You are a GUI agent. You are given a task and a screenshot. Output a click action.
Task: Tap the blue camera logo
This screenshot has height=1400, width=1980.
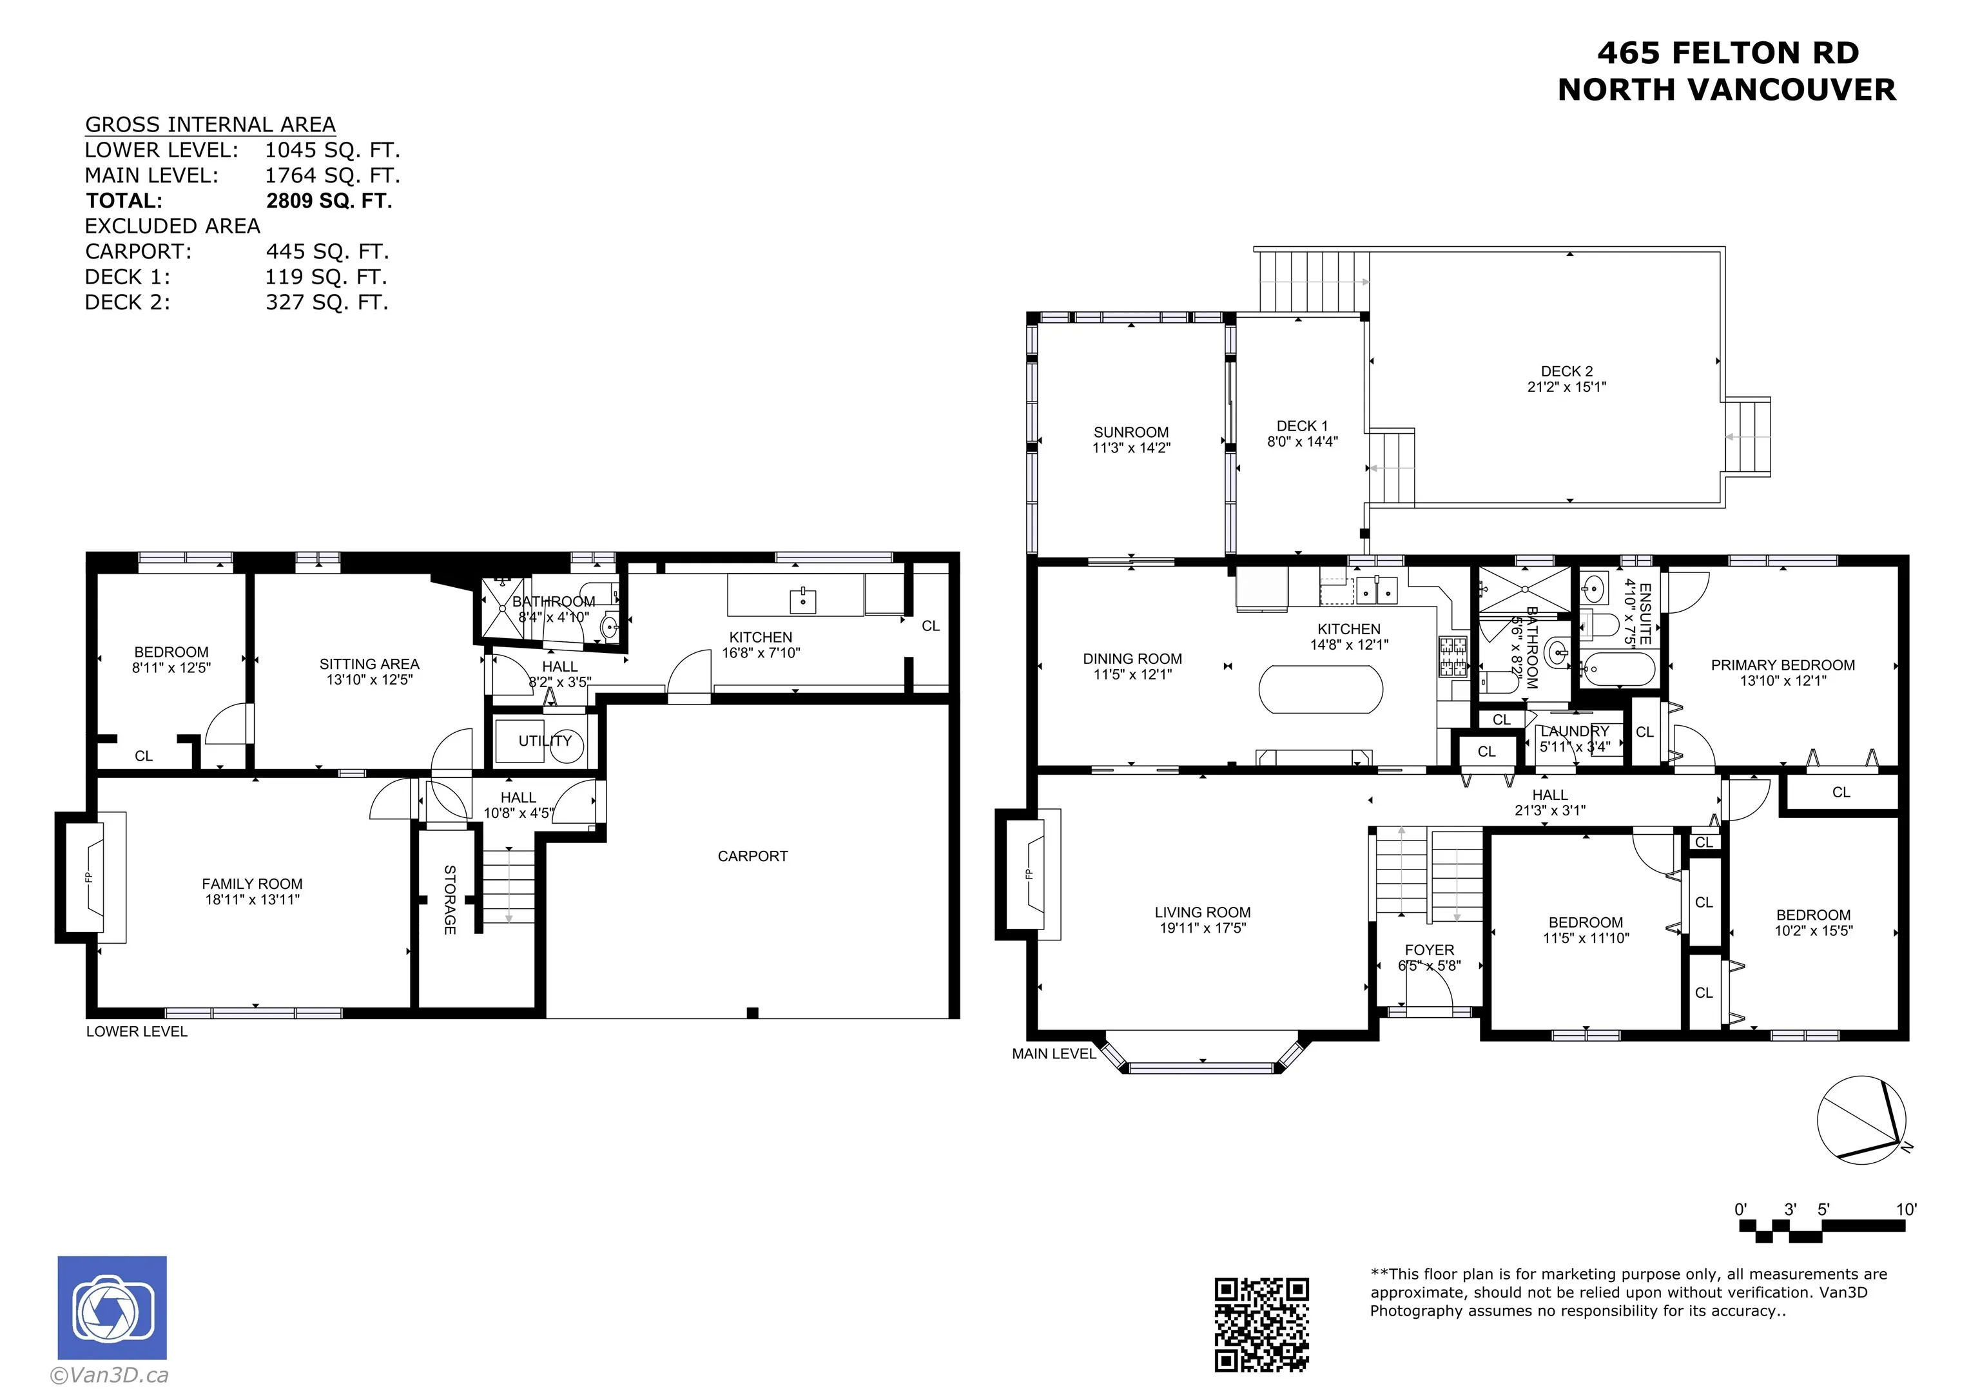click(112, 1308)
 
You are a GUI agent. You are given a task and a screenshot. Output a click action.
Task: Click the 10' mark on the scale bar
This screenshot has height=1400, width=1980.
click(1906, 1209)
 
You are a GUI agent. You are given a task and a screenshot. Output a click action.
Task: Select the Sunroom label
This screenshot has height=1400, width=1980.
click(1131, 432)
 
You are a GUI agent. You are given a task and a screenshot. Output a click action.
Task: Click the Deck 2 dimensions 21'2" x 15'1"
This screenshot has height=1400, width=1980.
click(1567, 387)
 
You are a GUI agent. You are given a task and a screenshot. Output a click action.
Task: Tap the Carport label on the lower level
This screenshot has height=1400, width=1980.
click(753, 857)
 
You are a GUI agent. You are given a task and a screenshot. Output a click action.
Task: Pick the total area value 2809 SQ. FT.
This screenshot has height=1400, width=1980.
click(329, 201)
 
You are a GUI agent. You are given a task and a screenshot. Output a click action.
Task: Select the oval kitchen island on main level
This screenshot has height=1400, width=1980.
click(1321, 689)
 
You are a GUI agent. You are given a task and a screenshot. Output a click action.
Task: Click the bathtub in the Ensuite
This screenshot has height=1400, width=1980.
click(1618, 669)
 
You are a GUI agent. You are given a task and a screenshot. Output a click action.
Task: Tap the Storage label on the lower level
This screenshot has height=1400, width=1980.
click(449, 900)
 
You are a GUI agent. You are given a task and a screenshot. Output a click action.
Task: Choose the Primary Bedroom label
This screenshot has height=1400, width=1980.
click(1783, 665)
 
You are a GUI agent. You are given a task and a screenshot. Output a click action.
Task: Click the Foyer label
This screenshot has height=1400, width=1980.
click(1429, 949)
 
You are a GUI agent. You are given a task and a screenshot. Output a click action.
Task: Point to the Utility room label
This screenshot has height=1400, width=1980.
click(545, 741)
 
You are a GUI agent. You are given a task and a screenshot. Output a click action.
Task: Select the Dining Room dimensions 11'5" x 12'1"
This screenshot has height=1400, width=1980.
click(1133, 675)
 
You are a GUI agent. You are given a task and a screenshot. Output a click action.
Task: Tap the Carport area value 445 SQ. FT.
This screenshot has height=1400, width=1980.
click(327, 252)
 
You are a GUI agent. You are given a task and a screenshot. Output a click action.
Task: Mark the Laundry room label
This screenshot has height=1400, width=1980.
click(1575, 732)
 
